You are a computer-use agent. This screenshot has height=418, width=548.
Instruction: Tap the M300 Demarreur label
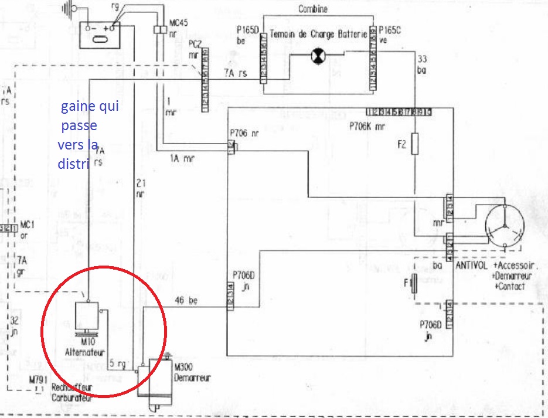coord(192,372)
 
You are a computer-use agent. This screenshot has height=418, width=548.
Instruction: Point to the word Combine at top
coord(314,9)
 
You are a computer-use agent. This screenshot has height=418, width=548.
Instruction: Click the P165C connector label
coord(390,30)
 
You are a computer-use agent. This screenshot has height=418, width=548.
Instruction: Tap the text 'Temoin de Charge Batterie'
coord(318,35)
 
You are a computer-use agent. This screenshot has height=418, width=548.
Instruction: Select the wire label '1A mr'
coord(182,158)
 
